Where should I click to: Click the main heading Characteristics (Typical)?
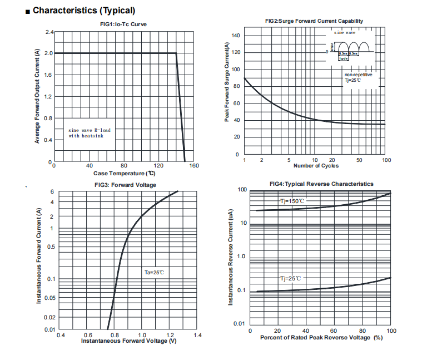(x=83, y=10)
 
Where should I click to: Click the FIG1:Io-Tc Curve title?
(x=123, y=24)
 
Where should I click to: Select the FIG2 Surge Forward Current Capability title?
(x=314, y=21)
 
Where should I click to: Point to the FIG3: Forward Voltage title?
(x=125, y=185)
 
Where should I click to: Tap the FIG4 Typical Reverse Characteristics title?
(x=321, y=184)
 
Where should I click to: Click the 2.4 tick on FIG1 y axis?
(x=49, y=32)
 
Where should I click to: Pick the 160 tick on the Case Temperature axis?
(x=194, y=166)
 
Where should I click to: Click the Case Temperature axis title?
(x=124, y=173)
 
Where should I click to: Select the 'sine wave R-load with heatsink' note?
(x=90, y=133)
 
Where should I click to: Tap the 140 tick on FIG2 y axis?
(x=235, y=36)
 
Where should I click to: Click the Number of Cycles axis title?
(x=315, y=166)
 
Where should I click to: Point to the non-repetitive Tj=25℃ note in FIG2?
(x=358, y=77)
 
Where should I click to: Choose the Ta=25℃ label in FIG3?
(x=154, y=272)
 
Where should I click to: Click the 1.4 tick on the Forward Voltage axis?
(x=197, y=336)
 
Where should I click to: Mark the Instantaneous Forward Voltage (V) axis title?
(x=129, y=341)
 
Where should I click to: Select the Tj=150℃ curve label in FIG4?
(x=292, y=201)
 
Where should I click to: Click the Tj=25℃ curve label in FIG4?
(x=290, y=278)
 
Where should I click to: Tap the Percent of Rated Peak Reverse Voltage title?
(x=321, y=338)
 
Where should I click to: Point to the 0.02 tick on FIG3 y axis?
(x=49, y=317)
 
